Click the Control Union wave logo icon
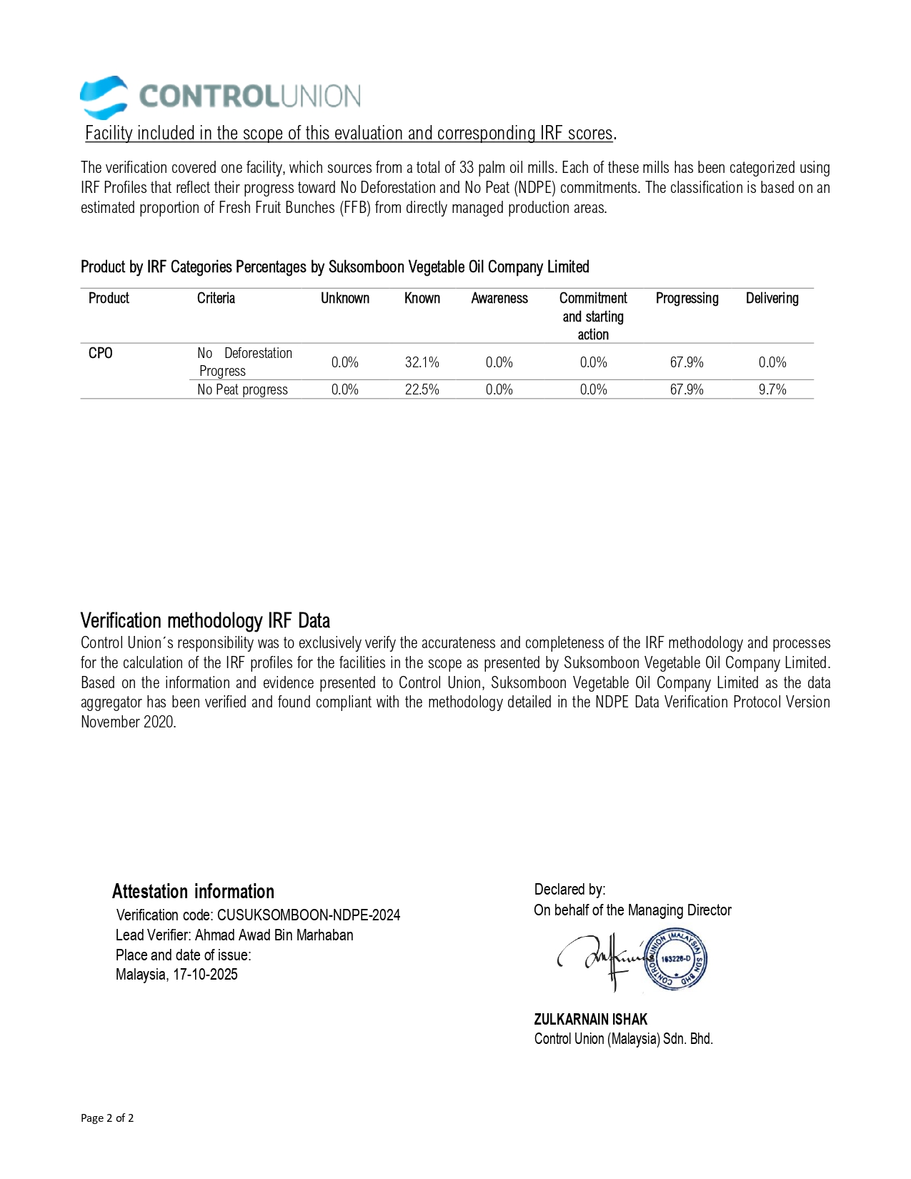pyautogui.click(x=104, y=97)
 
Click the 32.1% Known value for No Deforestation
pyautogui.click(x=422, y=362)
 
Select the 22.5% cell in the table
pyautogui.click(x=422, y=389)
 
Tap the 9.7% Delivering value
pyautogui.click(x=772, y=389)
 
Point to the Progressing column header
pyautogui.click(x=687, y=298)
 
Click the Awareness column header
pyautogui.click(x=499, y=298)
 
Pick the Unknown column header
pyautogui.click(x=344, y=298)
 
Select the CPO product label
pyautogui.click(x=100, y=353)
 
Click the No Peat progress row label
pyautogui.click(x=242, y=389)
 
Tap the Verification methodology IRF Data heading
pyautogui.click(x=205, y=620)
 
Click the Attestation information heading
pyautogui.click(x=193, y=891)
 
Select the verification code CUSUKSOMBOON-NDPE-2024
pyautogui.click(x=309, y=915)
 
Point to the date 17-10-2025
pyautogui.click(x=205, y=974)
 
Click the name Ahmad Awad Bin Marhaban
pyautogui.click(x=274, y=935)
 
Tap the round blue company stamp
pyautogui.click(x=675, y=960)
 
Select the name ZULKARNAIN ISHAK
pyautogui.click(x=590, y=1019)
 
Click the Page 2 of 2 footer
pyautogui.click(x=107, y=1118)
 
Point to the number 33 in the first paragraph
pyautogui.click(x=467, y=167)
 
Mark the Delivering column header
pyautogui.click(x=772, y=298)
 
